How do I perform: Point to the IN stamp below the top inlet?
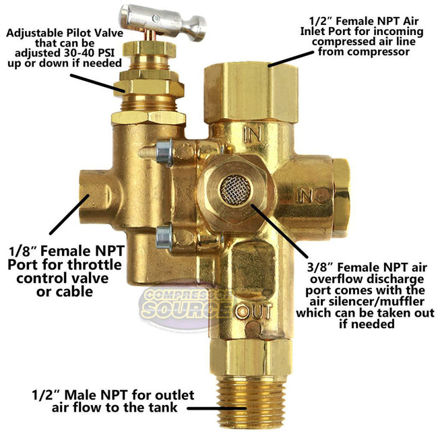click(252, 133)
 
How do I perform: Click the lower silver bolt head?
click(164, 236)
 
